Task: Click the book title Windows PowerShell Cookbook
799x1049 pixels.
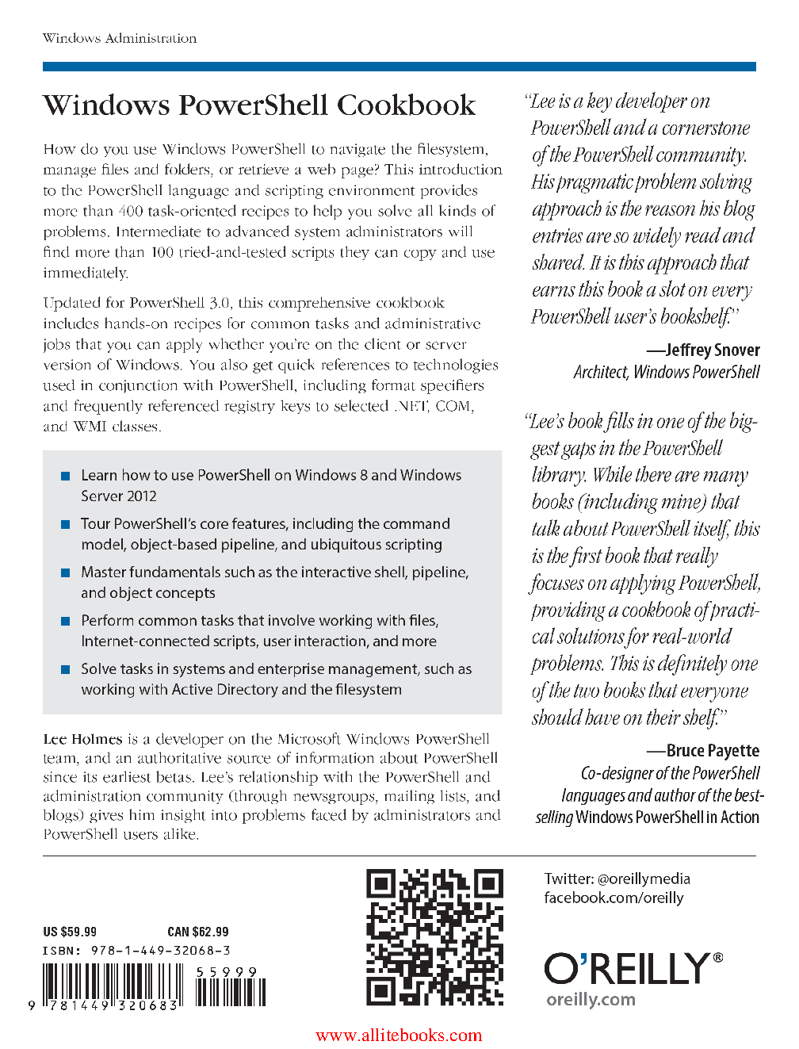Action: coord(259,105)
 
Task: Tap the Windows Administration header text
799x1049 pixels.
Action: coord(120,38)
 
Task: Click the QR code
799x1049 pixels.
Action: coord(434,937)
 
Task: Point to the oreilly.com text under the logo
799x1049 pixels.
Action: coord(591,999)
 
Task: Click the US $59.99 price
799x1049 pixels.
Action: coord(70,932)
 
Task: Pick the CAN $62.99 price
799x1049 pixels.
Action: coord(198,932)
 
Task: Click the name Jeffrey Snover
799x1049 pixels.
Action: coord(712,350)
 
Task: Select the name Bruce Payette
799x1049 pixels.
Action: coord(713,750)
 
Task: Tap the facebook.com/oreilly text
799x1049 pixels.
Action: coord(614,898)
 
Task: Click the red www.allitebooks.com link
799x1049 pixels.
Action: coord(399,1035)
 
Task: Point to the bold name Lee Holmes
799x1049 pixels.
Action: coord(82,739)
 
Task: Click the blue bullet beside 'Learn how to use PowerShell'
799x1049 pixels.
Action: coord(66,476)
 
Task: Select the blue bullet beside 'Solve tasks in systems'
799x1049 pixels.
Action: coord(66,669)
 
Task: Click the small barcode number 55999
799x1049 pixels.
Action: coord(227,972)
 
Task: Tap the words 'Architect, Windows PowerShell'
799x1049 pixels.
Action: coord(667,372)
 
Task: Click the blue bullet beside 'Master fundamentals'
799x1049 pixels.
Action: coord(66,572)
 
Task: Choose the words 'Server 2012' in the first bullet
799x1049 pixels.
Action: coord(119,496)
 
